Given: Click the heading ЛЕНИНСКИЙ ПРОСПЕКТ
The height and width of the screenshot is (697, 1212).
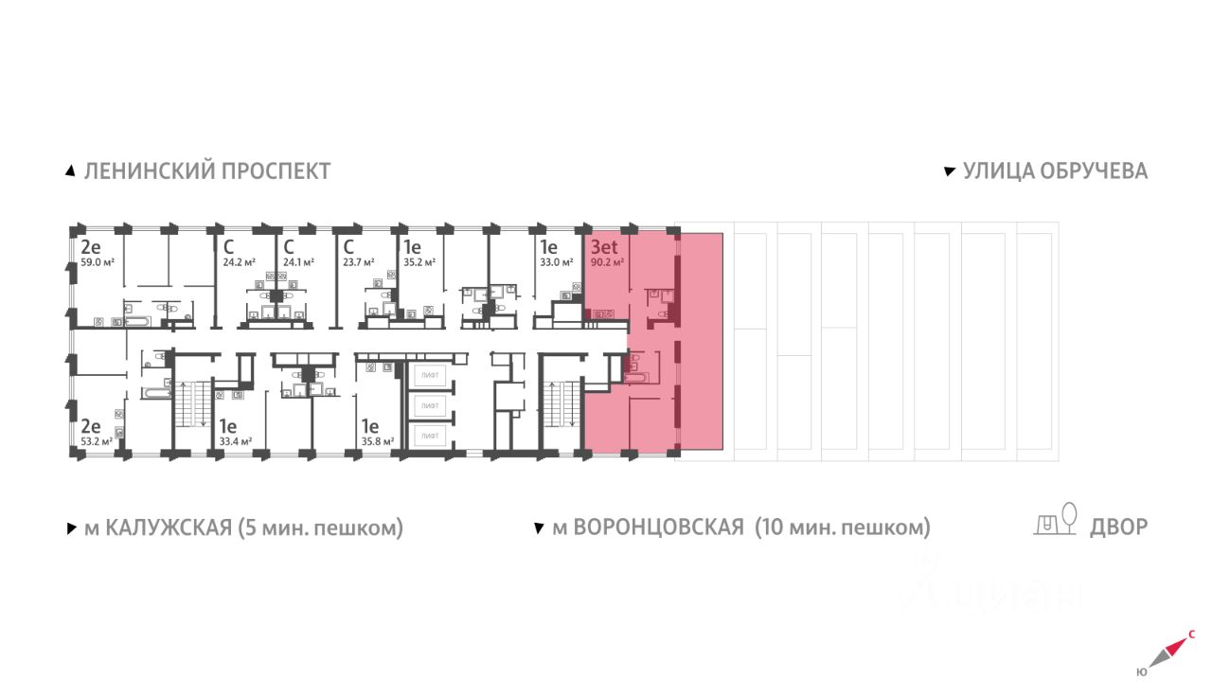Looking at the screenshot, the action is pos(206,171).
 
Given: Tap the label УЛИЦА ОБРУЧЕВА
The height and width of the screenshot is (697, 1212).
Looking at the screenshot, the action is pos(1055,171).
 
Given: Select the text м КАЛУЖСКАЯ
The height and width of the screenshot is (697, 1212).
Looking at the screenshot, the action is pos(157,527).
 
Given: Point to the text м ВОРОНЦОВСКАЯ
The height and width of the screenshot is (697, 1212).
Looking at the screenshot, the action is pos(648,527).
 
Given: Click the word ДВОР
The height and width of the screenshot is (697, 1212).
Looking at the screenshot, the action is pos(1119,527).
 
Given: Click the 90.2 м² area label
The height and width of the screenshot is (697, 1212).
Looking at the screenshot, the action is pos(607,263).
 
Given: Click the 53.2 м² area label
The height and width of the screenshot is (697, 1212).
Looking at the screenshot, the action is pos(97,440).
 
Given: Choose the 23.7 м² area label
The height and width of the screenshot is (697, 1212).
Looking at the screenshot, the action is pos(359,263).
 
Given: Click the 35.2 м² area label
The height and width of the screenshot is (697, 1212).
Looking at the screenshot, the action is pos(418,263).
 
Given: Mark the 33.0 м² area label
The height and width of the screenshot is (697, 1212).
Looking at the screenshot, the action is pos(557,263).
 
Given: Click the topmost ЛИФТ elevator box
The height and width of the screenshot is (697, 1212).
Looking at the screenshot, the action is pos(431,375).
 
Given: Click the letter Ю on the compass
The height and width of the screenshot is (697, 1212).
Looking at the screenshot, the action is pos(1141,672).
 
